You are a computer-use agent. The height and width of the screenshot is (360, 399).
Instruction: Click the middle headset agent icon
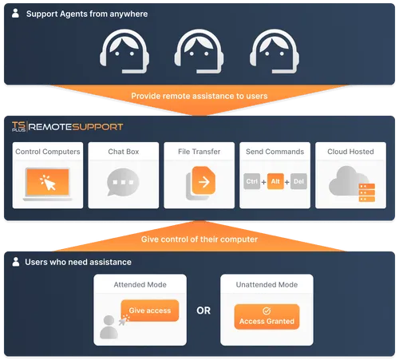[x=199, y=51]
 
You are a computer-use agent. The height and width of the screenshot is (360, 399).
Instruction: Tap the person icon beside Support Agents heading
[x=15, y=13]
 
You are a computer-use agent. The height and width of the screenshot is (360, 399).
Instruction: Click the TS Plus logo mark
[x=18, y=126]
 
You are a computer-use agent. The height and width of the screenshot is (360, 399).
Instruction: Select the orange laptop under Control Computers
[x=48, y=184]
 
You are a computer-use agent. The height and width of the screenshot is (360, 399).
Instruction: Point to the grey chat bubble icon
[x=123, y=182]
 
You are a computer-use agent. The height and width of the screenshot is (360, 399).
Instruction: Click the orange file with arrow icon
[x=203, y=180]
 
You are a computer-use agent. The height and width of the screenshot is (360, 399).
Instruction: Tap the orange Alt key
[x=275, y=181]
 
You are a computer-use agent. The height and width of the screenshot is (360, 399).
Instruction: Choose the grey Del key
[x=298, y=181]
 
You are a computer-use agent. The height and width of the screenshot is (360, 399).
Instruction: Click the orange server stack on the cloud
[x=367, y=192]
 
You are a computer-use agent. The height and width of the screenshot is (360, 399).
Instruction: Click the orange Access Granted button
[x=267, y=317]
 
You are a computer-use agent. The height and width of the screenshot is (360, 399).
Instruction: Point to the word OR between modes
[x=203, y=311]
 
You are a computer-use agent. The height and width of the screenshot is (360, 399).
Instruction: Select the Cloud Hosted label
[x=350, y=152]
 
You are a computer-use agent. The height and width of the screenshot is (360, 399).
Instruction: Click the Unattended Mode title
[x=267, y=285]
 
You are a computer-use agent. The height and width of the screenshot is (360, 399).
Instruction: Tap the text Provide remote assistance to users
[x=199, y=96]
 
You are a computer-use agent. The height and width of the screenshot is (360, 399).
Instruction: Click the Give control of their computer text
[x=199, y=239]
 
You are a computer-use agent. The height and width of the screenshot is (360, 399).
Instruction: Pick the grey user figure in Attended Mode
[x=109, y=327]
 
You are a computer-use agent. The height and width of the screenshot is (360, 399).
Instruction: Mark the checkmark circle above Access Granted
[x=267, y=311]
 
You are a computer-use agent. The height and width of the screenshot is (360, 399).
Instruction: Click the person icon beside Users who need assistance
[x=16, y=262]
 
